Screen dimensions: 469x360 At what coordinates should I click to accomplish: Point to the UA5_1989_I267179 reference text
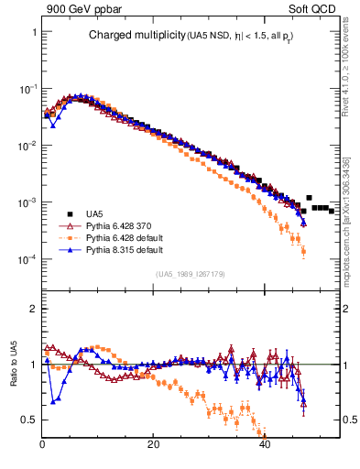coord(190,274)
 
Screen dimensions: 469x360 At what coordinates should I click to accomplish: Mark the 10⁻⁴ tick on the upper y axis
coord(27,259)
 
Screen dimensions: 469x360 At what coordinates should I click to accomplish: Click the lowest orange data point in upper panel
coord(303,251)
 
